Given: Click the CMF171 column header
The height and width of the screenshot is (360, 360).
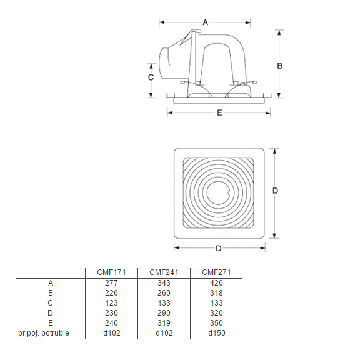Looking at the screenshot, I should tap(111, 272).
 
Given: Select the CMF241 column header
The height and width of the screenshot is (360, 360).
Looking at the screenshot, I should tap(164, 272).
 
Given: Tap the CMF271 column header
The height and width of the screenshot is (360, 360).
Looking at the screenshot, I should tap(216, 272).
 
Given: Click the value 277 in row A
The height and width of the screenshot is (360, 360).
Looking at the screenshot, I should tap(111, 282).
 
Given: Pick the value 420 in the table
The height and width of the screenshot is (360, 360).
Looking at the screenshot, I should tap(216, 282).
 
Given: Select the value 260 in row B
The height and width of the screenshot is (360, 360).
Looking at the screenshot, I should tap(164, 292).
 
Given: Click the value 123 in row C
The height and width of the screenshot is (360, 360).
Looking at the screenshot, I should tap(111, 303).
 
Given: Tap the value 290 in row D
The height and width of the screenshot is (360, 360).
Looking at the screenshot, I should tap(164, 313).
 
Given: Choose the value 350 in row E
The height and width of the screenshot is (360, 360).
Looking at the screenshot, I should tap(216, 323).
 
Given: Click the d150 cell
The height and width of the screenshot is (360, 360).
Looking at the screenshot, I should tap(216, 333).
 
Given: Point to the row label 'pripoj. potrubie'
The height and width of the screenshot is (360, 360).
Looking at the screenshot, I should tap(44, 333).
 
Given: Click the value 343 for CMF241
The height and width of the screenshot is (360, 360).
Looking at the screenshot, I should tap(164, 282).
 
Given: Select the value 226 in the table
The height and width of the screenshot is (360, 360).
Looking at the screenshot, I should tap(111, 292).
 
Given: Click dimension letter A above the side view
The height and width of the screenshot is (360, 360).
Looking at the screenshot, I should tap(205, 22).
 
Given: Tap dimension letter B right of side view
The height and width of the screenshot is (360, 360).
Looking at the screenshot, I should tap(280, 65).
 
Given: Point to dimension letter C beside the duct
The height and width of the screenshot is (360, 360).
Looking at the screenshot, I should tap(151, 77).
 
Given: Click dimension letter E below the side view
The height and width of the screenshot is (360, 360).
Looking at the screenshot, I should tap(219, 113).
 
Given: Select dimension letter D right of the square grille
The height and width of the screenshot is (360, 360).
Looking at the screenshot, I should tap(275, 191).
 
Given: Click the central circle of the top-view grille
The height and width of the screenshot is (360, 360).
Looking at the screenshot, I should tap(219, 193).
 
